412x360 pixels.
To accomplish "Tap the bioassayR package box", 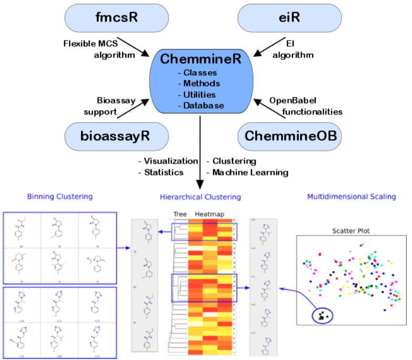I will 116,137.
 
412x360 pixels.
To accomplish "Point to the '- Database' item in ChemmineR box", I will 202,106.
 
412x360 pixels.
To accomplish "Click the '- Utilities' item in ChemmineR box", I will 200,95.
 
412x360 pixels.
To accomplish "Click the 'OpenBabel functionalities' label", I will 305,106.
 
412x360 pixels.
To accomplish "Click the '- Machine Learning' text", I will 247,172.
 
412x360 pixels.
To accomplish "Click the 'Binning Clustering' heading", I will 59,197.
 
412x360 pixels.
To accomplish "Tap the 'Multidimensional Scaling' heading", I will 351,197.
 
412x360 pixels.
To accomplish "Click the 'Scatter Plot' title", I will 352,231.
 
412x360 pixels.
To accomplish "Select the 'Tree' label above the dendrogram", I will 180,214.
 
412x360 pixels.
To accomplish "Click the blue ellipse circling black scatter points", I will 321,315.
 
